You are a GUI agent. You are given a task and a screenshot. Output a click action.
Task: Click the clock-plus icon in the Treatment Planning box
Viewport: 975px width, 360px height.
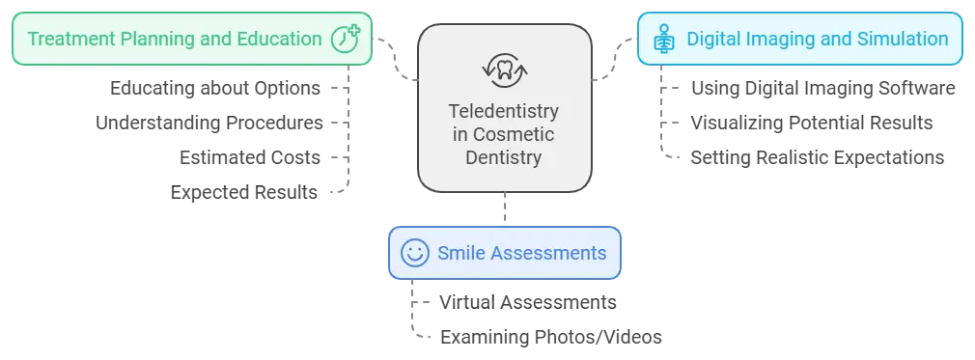click(344, 39)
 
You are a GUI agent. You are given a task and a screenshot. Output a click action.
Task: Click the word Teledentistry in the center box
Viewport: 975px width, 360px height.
click(504, 111)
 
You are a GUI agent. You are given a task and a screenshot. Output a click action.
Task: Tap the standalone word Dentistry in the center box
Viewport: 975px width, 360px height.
click(504, 155)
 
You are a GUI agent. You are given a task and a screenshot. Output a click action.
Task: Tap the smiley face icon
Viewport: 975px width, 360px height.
click(413, 253)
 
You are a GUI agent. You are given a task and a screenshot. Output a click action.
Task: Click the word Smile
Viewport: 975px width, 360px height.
click(460, 254)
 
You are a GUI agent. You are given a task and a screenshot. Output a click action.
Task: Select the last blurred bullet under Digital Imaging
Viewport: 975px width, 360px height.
click(818, 158)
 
